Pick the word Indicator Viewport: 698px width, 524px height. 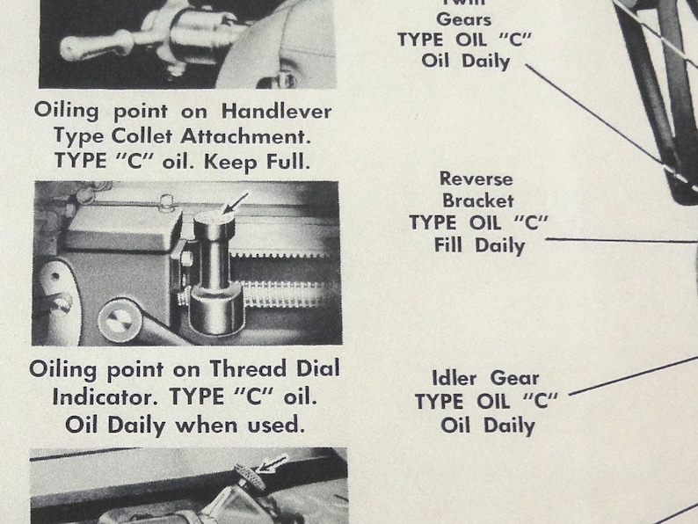pos(114,396)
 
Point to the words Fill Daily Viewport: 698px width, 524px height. pos(479,245)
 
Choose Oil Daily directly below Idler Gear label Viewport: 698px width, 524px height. pos(487,426)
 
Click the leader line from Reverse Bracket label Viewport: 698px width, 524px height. pos(615,239)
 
